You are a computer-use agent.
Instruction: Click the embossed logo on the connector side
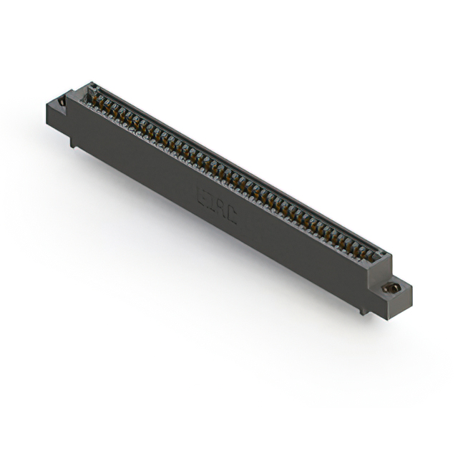[217, 205]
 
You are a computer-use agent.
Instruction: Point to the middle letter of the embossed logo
[217, 205]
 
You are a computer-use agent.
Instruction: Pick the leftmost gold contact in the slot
[93, 96]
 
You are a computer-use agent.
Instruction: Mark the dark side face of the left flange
[56, 117]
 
